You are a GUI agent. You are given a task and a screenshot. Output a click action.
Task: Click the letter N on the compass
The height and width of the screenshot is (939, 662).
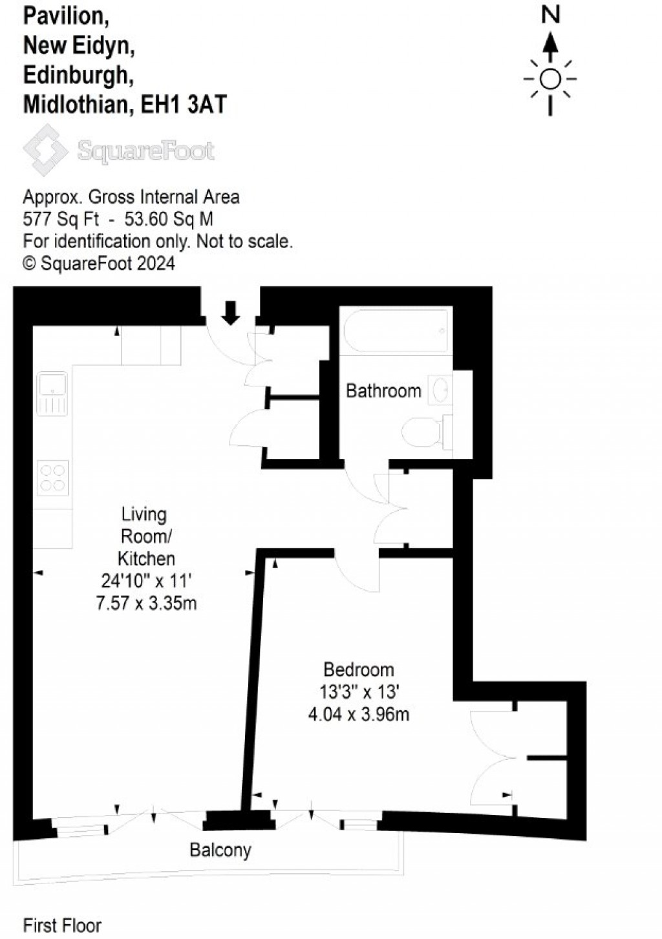point(550,14)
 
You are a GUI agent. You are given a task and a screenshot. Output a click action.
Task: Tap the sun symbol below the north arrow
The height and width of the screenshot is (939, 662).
point(550,79)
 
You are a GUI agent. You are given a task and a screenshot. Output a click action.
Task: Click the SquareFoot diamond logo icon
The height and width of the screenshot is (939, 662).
point(45,150)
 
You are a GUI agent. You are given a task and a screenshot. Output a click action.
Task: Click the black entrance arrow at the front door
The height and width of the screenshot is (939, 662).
point(231,313)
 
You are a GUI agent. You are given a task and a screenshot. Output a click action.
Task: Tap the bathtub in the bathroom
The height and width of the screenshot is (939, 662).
point(396,330)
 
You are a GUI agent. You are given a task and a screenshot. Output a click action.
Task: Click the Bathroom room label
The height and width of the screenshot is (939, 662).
point(383,390)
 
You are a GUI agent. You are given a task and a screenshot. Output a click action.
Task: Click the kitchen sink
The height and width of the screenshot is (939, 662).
point(52,393)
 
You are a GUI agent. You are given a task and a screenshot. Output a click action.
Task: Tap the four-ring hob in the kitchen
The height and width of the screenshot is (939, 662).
point(52,478)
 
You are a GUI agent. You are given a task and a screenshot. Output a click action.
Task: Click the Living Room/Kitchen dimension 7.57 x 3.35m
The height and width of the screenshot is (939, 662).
point(146,603)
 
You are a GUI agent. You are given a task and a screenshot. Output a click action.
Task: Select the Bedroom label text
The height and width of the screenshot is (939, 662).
point(359,670)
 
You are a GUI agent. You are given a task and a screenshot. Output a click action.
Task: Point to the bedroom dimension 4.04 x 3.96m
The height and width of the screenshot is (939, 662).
point(359,714)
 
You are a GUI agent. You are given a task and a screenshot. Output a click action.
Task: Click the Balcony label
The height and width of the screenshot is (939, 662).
point(220,850)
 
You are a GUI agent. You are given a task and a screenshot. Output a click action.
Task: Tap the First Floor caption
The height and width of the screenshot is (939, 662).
point(62,925)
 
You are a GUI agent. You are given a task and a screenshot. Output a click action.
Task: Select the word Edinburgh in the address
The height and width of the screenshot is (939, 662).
point(78,75)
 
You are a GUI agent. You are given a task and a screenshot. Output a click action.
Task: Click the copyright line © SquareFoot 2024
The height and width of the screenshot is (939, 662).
point(98,263)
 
